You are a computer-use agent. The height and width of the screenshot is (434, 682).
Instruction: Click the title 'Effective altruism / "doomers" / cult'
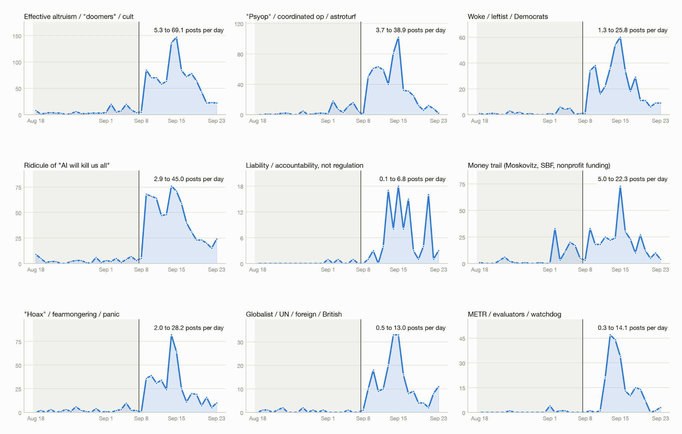point(79,17)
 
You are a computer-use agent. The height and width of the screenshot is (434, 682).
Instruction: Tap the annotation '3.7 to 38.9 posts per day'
point(411,30)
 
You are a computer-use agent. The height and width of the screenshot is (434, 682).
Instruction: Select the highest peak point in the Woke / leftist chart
point(620,38)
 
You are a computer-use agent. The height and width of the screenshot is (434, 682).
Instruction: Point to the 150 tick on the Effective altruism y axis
point(17,36)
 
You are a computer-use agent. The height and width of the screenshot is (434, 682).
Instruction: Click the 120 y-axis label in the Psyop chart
point(239,24)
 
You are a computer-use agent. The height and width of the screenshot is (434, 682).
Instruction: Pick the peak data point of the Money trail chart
point(620,187)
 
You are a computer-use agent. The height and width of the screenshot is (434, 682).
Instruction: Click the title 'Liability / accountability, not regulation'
point(304,165)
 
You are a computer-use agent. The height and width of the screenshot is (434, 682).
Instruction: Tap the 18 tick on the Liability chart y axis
point(240,187)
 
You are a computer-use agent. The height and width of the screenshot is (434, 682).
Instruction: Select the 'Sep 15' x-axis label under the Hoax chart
point(176,418)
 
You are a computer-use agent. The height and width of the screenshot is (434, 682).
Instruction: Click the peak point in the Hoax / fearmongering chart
point(171,335)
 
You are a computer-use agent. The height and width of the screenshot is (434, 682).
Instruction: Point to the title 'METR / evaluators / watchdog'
point(514,314)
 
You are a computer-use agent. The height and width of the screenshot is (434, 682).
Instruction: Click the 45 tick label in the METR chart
point(462,339)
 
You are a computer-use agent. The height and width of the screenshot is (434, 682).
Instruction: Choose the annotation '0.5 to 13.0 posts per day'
point(411,328)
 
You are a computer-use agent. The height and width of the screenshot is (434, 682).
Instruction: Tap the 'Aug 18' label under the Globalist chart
point(257,418)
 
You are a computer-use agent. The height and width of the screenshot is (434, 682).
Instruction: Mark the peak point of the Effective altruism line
point(176,38)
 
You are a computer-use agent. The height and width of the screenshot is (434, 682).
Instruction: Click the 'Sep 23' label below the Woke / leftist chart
point(660,121)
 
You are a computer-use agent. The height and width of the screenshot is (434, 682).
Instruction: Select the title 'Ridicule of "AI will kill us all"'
point(67,165)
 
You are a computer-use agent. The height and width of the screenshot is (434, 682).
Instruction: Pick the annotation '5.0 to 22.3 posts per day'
point(632,179)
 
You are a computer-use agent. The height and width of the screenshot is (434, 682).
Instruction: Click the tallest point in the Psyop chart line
point(398,38)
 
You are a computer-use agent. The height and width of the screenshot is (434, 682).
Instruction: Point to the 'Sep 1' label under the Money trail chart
point(549,269)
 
